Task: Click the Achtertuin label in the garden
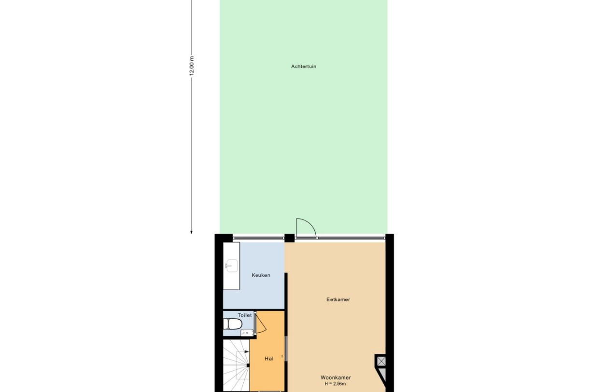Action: tap(303, 67)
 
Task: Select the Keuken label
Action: tap(261, 275)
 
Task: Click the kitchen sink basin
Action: tap(231, 265)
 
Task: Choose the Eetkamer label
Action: tap(338, 299)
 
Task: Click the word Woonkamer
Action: tap(336, 378)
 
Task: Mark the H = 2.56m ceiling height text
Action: tap(336, 384)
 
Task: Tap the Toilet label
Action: tap(245, 315)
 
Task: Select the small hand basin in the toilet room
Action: tap(246, 332)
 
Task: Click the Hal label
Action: tap(269, 359)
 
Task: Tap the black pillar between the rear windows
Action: tap(289, 238)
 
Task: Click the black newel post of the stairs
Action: tap(248, 365)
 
